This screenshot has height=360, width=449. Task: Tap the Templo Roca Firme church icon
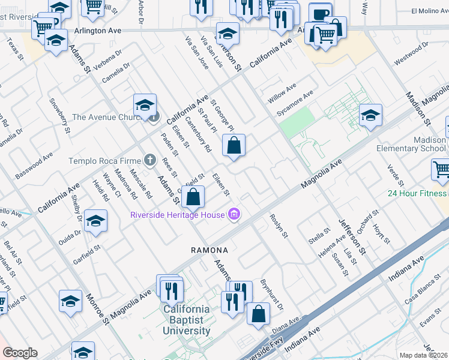[x=150, y=160]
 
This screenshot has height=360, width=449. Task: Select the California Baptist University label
[x=187, y=320]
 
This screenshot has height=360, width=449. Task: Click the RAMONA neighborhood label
[x=209, y=250]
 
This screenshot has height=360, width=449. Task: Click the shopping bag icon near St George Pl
[x=234, y=145]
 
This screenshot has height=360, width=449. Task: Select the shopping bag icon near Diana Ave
[x=258, y=314]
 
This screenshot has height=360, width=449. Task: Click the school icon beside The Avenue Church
[x=145, y=106]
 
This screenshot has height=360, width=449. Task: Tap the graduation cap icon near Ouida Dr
[x=95, y=221]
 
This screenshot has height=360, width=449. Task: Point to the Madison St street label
[x=418, y=108]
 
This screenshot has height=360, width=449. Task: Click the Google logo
[x=20, y=353]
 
